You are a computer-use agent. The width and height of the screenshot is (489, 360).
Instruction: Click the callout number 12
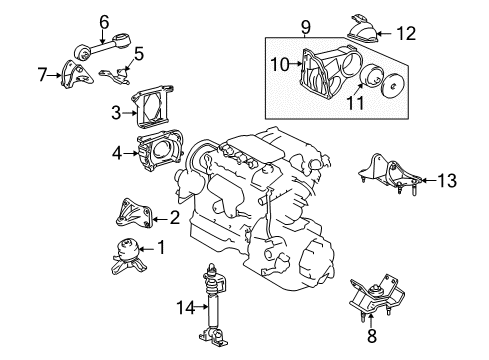click(140, 53)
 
